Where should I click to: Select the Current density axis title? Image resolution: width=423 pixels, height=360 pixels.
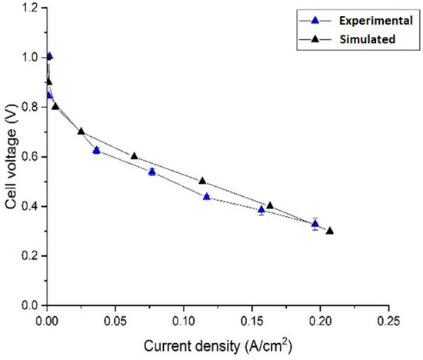(x=217, y=344)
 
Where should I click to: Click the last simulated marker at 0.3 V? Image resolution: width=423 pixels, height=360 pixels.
(x=330, y=231)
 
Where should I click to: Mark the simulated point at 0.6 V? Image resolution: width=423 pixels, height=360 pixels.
(x=135, y=156)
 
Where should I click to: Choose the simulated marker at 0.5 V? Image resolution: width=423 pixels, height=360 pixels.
(x=202, y=181)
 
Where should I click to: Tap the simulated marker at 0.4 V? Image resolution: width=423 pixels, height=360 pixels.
(x=270, y=205)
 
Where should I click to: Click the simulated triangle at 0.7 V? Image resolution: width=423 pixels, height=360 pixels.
(x=82, y=132)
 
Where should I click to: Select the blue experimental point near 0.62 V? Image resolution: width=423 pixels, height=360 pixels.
(x=96, y=150)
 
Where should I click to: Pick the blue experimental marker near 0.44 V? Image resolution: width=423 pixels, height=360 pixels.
(x=207, y=197)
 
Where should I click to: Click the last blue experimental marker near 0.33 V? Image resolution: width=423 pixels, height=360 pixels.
(x=315, y=224)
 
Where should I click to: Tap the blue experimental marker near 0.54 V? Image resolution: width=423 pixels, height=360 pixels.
(x=152, y=172)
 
